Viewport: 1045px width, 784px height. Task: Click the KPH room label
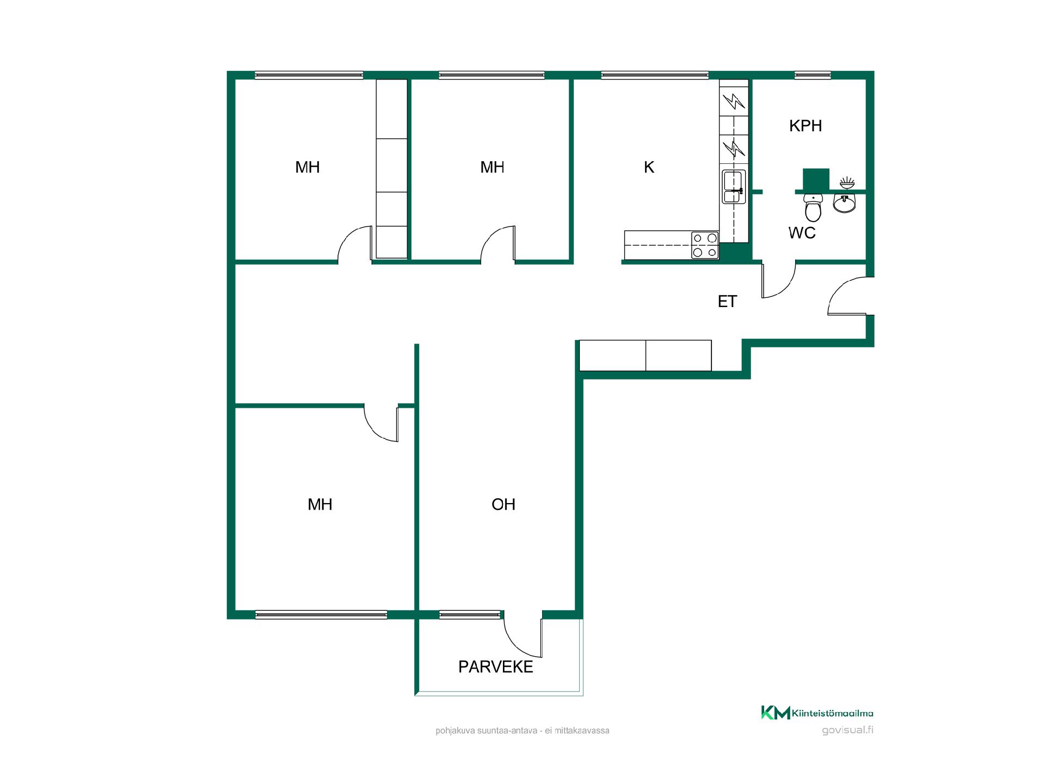pos(806,126)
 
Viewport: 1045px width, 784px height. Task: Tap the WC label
pos(802,233)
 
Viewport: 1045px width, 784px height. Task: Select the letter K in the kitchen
pos(649,167)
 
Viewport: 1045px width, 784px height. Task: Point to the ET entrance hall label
pos(727,302)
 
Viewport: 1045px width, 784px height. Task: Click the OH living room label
pos(503,504)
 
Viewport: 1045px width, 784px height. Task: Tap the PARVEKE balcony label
pos(496,667)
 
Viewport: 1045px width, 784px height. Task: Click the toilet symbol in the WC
pos(813,207)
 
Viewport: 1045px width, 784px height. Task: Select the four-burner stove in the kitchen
pos(705,245)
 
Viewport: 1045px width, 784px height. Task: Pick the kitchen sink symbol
pos(734,187)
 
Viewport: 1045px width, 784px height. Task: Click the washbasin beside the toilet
pos(844,203)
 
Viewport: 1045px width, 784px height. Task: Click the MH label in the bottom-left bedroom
pos(319,504)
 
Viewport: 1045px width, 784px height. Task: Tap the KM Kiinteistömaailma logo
pos(817,713)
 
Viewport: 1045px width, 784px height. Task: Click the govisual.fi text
pos(847,731)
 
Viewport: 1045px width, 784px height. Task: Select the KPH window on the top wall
pos(813,75)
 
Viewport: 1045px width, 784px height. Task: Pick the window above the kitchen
pos(655,75)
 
